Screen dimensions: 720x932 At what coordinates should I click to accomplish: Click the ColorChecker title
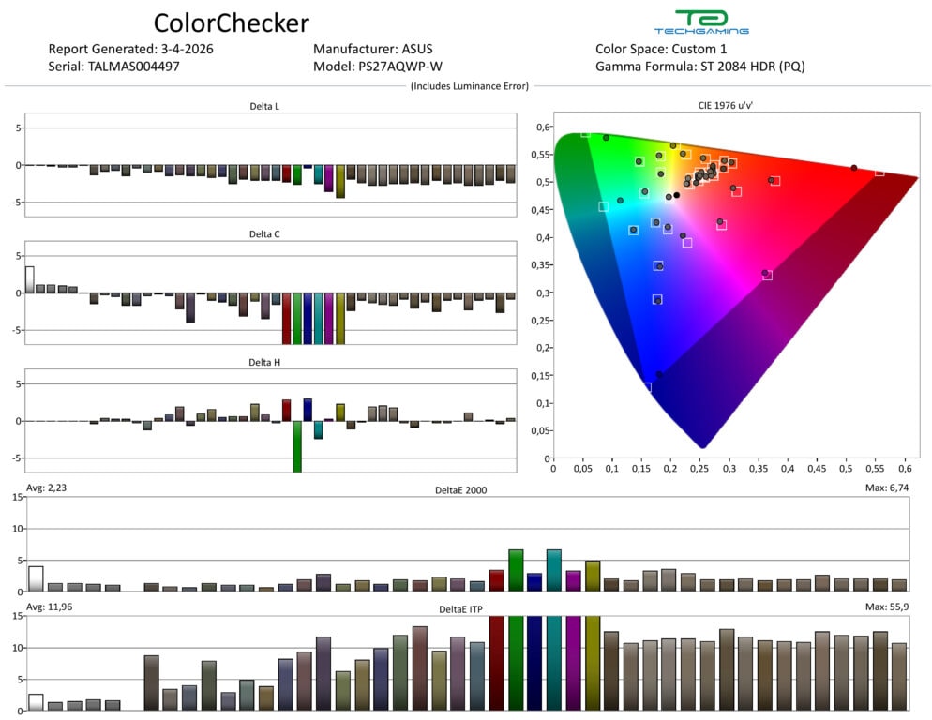pyautogui.click(x=231, y=22)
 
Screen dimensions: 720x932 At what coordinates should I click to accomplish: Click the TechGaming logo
pyautogui.click(x=701, y=22)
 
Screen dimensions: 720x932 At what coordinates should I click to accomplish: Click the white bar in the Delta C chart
pyautogui.click(x=30, y=279)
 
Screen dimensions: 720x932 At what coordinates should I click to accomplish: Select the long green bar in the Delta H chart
pyautogui.click(x=297, y=445)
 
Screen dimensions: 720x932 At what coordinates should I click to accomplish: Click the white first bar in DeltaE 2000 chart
pyautogui.click(x=36, y=578)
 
